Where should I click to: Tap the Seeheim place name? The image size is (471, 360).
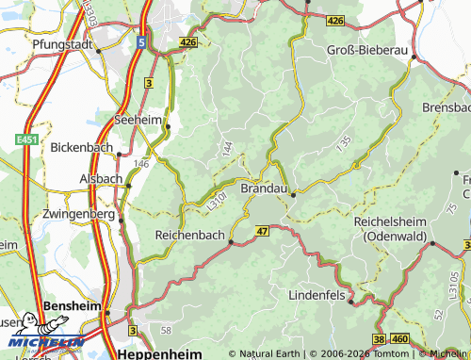138,120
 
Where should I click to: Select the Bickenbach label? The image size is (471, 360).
81,148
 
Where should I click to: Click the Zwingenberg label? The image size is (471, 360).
79,214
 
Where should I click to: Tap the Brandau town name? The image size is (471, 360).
265,188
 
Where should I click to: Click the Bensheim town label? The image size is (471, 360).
73,308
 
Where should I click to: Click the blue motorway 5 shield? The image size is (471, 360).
139,41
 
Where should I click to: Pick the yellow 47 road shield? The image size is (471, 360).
262,230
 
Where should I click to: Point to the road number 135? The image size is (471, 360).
344,143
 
